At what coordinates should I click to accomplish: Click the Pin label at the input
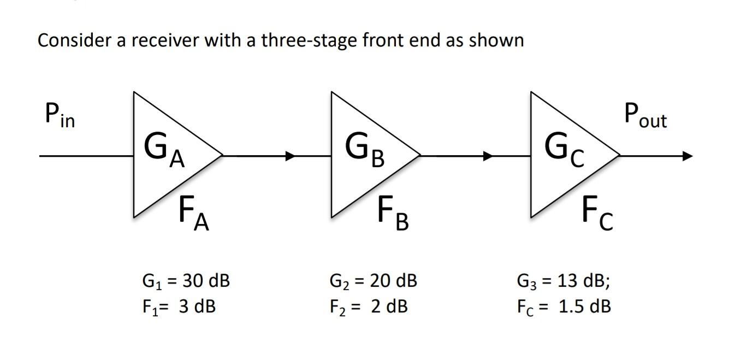(x=60, y=116)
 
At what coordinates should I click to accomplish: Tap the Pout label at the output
(x=645, y=116)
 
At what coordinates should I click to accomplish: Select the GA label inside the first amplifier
(x=164, y=150)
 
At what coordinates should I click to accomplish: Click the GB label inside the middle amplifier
(x=365, y=150)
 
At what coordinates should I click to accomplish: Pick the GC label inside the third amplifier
(x=565, y=150)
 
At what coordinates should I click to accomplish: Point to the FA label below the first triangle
(x=194, y=215)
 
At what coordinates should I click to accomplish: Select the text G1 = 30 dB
(x=186, y=281)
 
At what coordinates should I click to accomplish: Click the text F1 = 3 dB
(x=179, y=306)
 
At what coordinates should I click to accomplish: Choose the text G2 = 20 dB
(x=373, y=281)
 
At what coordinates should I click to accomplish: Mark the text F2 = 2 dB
(x=368, y=306)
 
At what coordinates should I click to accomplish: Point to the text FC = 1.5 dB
(x=564, y=306)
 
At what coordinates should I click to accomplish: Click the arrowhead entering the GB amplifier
(x=290, y=156)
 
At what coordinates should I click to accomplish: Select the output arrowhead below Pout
(x=686, y=156)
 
